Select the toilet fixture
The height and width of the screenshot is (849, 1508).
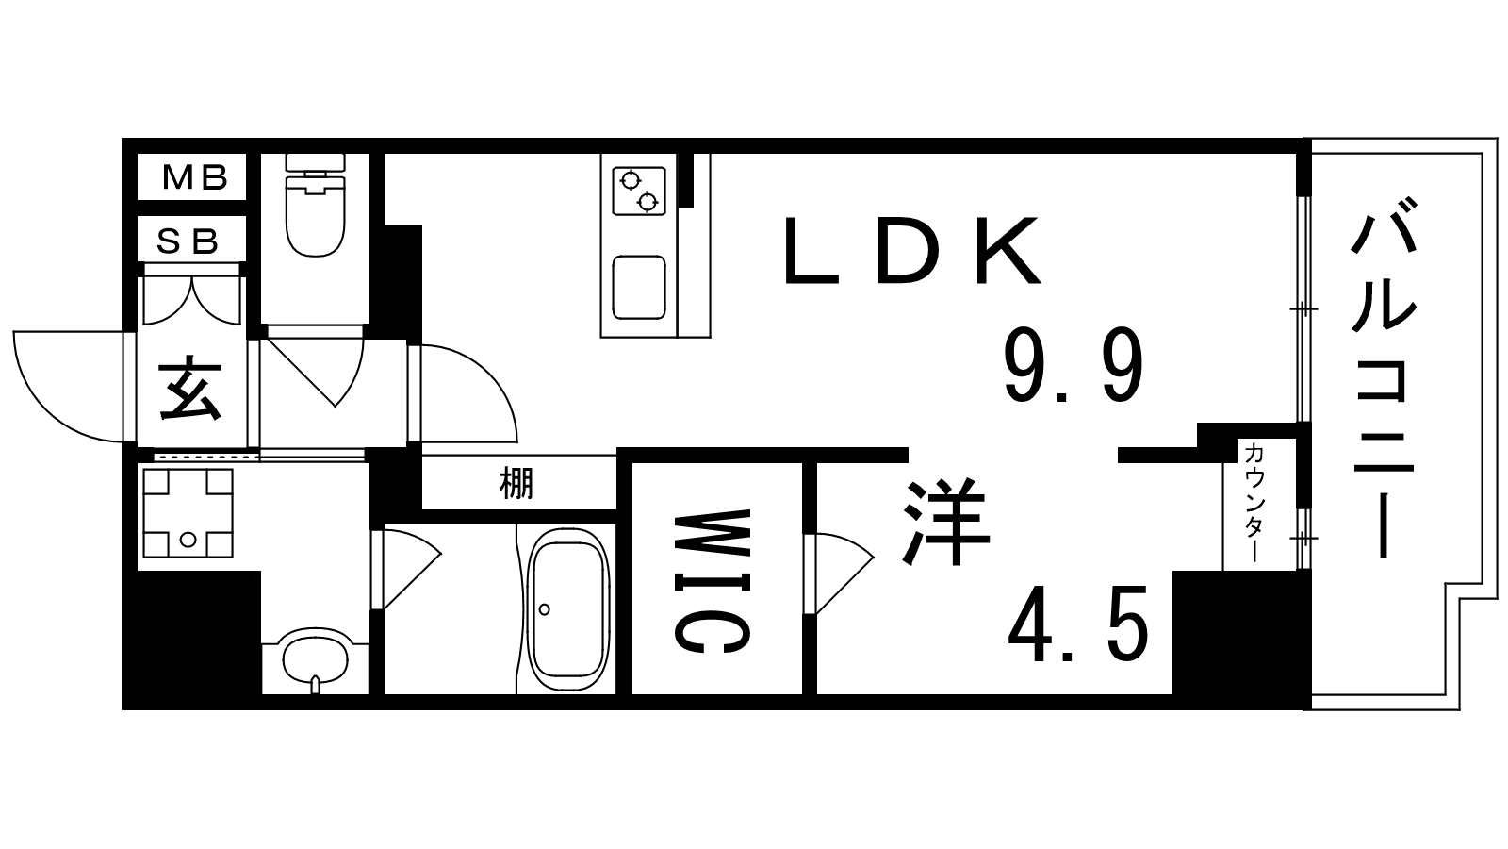316,208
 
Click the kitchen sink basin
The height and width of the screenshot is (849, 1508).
639,287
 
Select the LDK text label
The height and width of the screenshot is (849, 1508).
912,253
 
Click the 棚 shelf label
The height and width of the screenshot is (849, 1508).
516,484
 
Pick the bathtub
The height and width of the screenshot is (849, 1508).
568,608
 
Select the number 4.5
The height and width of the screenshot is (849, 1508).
1078,623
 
